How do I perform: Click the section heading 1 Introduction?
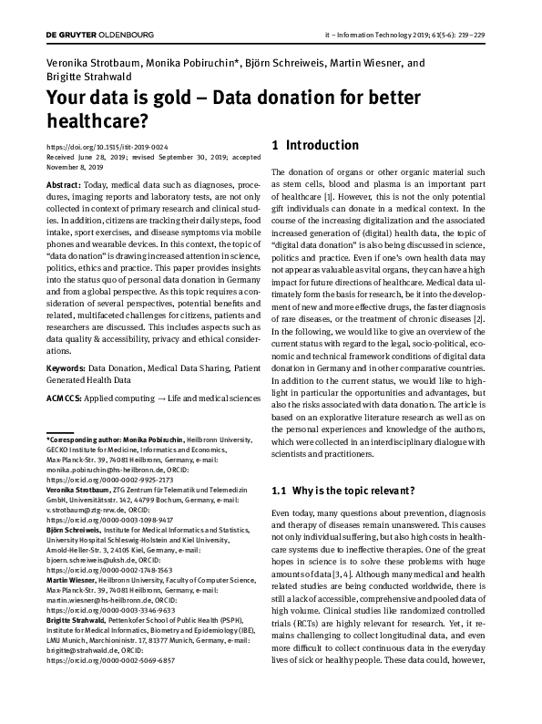click(x=316, y=145)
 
